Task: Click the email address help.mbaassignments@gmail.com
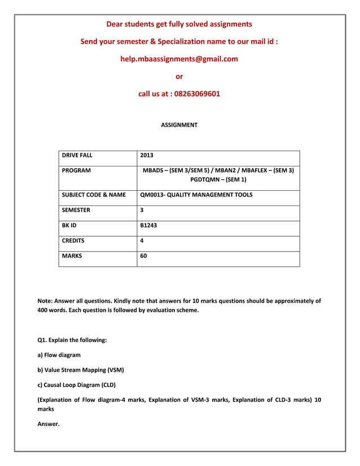tap(179, 59)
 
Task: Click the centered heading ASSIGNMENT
tap(179, 125)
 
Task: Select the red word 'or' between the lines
tap(179, 76)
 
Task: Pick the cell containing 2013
tap(147, 155)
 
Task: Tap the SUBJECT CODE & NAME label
tap(94, 195)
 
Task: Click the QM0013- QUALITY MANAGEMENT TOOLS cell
tap(196, 195)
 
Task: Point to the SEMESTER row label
tap(76, 210)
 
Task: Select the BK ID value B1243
tap(148, 225)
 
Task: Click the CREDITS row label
tap(73, 240)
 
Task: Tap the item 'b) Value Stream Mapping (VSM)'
tap(80, 370)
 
